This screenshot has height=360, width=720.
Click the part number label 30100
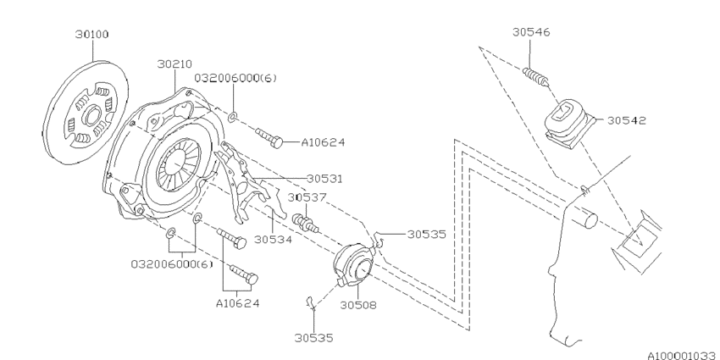pos(92,35)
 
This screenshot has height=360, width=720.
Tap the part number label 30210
pos(174,64)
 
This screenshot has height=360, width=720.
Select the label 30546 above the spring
pos(531,32)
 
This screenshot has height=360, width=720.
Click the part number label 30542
pos(626,120)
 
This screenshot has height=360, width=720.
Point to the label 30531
pos(324,178)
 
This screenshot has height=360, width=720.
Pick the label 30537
pos(307,197)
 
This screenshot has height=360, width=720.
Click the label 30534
pos(273,239)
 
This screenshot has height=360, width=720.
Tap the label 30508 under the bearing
pos(358,305)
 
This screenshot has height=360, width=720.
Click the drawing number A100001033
pos(683,355)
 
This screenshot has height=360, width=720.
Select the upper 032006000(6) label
pos(235,78)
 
